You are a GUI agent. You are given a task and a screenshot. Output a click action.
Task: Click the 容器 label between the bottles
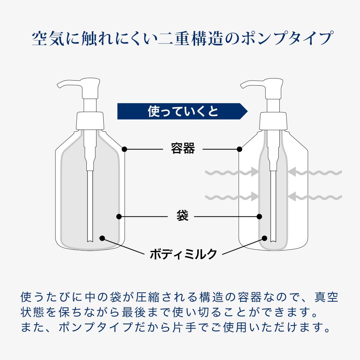click(x=183, y=148)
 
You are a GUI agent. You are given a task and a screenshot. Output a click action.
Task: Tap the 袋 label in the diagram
click(x=182, y=215)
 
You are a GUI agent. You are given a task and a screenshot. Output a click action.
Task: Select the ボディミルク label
click(x=183, y=254)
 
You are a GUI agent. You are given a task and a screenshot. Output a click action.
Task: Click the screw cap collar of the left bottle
click(x=90, y=121)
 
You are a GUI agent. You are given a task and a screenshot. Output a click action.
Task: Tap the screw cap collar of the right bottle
click(x=273, y=121)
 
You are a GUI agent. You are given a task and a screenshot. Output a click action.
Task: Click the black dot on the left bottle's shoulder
click(x=125, y=149)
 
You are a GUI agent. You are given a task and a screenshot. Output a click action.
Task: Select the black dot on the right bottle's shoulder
click(x=239, y=149)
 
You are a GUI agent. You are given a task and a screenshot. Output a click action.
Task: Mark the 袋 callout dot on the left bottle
click(x=119, y=216)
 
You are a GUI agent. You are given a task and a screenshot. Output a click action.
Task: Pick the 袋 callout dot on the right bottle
click(x=260, y=216)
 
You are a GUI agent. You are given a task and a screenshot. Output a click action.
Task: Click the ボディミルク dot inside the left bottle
click(x=102, y=238)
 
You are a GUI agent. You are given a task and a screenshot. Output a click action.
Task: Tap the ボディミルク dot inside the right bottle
click(x=265, y=238)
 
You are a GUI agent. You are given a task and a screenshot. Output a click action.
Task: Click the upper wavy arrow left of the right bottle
click(x=232, y=172)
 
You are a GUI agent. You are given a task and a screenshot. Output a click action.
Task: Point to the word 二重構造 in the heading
click(x=191, y=39)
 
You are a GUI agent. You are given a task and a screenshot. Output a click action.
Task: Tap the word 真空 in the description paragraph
click(x=326, y=297)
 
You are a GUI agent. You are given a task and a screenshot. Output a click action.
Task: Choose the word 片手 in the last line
click(x=184, y=327)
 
